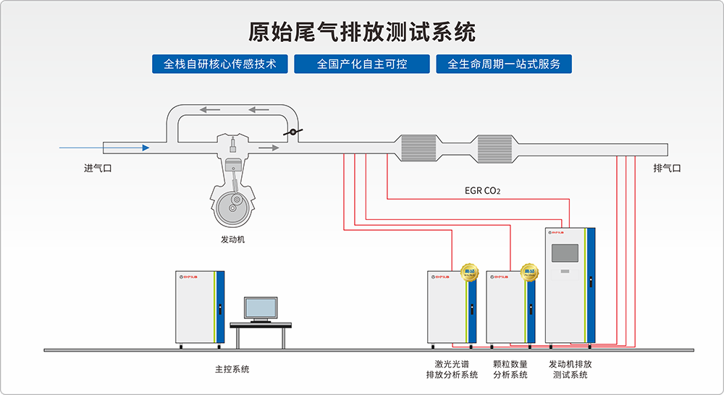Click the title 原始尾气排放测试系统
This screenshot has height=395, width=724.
click(x=362, y=33)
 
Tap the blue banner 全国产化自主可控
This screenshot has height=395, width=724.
click(x=362, y=64)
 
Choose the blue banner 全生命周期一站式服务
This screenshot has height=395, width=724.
click(x=504, y=64)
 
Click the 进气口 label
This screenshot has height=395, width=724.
click(x=98, y=169)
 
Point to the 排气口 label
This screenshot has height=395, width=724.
click(x=667, y=169)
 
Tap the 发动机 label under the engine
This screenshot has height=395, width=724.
click(x=233, y=239)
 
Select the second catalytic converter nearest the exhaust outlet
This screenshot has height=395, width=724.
click(x=494, y=148)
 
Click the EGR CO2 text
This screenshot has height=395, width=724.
click(x=483, y=192)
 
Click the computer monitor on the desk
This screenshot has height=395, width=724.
click(x=260, y=309)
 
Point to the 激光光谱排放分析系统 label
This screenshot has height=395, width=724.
click(x=452, y=369)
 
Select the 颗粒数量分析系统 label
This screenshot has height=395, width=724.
click(x=510, y=369)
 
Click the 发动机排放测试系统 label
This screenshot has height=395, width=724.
click(x=571, y=369)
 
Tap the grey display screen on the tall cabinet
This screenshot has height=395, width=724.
click(x=565, y=253)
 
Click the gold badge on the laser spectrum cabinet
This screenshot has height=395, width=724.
click(x=469, y=272)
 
